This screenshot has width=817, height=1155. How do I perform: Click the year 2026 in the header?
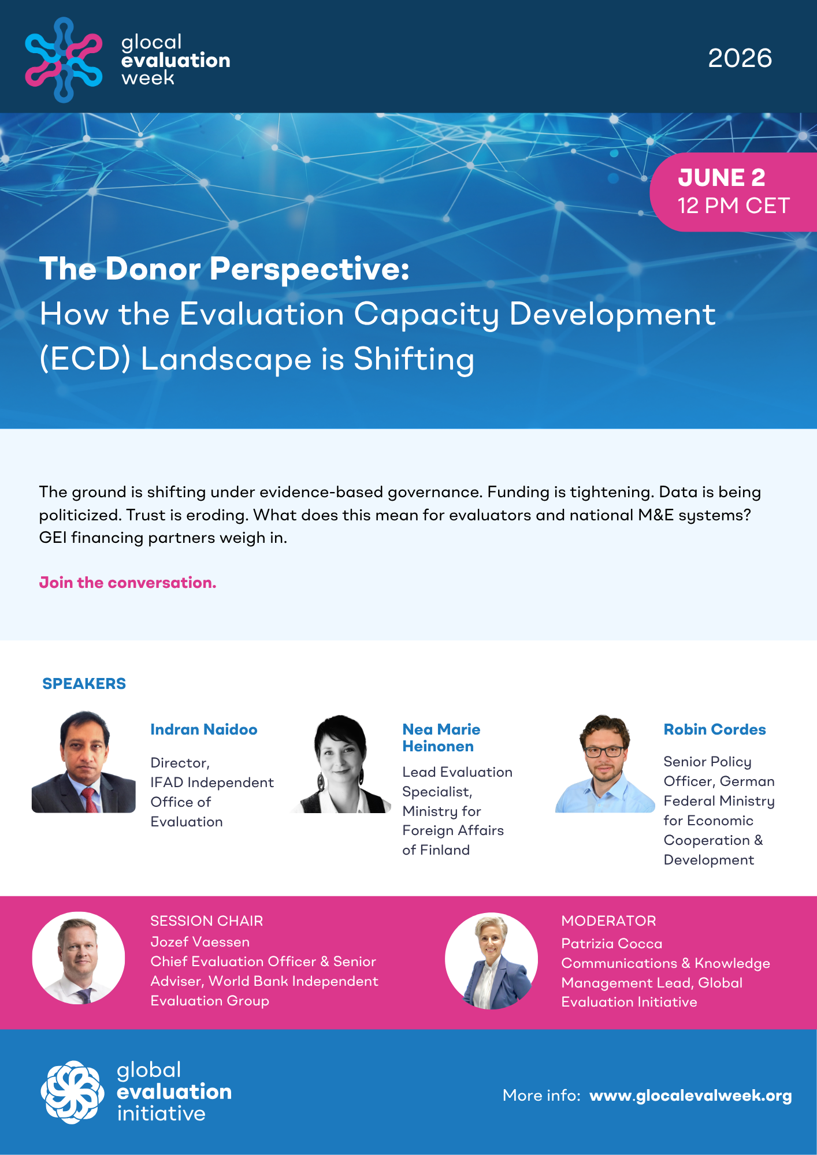[740, 58]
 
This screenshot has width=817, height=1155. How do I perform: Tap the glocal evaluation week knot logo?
[64, 59]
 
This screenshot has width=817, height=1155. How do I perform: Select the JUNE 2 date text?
[722, 178]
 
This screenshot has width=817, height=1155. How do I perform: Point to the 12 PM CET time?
[734, 206]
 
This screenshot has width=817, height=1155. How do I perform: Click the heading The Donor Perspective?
[224, 269]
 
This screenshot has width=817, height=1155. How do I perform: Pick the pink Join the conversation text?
[128, 583]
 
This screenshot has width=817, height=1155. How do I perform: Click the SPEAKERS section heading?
[84, 684]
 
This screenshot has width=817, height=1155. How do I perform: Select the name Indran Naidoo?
[204, 729]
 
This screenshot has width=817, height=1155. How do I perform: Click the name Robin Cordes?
[715, 729]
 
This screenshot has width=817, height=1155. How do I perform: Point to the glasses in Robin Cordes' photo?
[604, 752]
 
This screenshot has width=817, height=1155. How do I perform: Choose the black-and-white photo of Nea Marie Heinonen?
[341, 763]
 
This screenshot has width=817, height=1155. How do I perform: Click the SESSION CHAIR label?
[207, 921]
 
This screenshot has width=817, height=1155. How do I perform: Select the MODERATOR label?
[609, 921]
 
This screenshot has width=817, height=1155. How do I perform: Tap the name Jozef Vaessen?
[200, 942]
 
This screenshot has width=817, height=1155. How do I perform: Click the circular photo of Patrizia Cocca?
[491, 960]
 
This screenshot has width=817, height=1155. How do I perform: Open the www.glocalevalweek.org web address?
[690, 1096]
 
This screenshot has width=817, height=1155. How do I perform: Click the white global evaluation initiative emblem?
[73, 1092]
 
